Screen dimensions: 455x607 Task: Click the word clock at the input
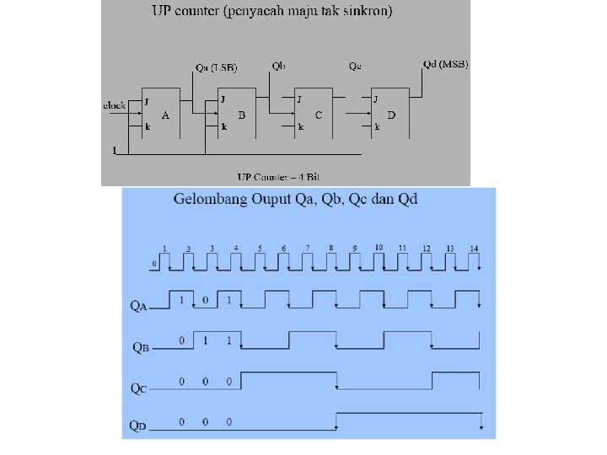click(x=115, y=105)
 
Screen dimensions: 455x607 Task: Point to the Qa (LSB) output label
click(x=216, y=67)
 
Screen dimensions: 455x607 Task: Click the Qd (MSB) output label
click(x=445, y=64)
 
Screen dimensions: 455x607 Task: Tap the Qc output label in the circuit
click(x=355, y=67)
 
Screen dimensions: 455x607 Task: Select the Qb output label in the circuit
click(x=278, y=65)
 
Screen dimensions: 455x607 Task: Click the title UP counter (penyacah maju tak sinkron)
click(x=271, y=12)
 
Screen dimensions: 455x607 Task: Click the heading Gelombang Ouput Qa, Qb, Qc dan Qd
click(x=295, y=200)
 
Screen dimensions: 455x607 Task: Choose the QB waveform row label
click(x=141, y=345)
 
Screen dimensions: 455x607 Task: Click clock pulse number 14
click(x=475, y=248)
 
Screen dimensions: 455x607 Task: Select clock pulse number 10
click(x=379, y=247)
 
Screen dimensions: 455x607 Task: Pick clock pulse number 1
click(x=165, y=248)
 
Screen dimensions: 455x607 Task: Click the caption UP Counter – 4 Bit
click(x=278, y=177)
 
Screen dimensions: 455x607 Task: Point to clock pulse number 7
click(x=308, y=248)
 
